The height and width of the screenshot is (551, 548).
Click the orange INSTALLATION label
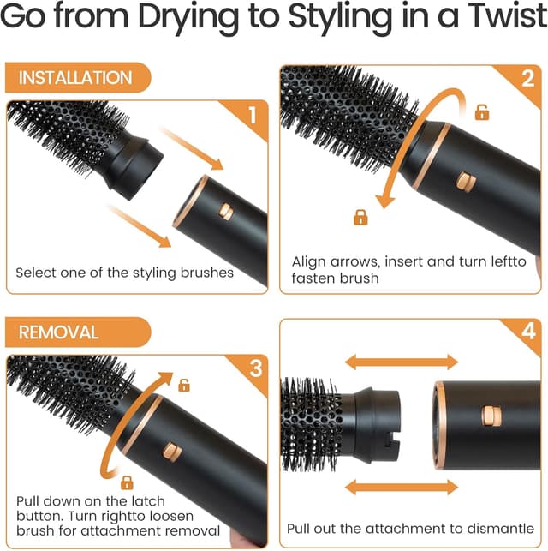pos(75,78)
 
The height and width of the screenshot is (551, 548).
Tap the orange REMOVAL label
pos(59,332)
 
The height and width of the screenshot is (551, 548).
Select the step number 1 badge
pos(251,115)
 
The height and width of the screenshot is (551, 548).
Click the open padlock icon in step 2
pos(482,112)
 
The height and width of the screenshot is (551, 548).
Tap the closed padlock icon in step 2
pos(360,218)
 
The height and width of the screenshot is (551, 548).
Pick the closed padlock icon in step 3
pos(127,482)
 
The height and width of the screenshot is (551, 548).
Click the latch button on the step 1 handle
pos(226,211)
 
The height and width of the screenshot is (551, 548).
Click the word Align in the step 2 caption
pos(310,261)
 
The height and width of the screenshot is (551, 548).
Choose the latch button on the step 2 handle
pos(464,181)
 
